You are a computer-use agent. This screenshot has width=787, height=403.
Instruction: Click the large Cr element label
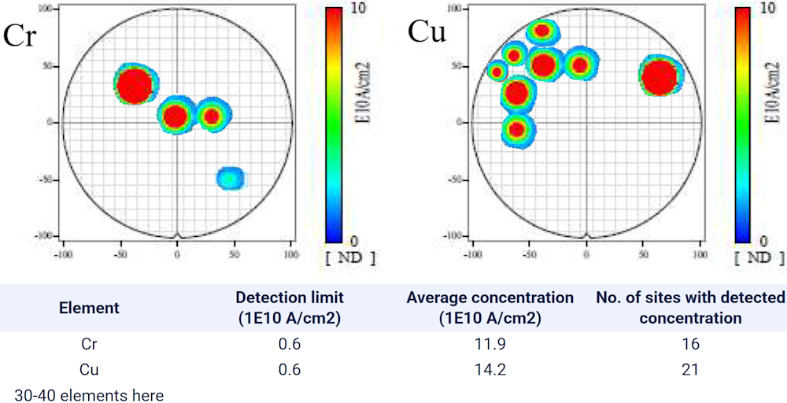(20, 36)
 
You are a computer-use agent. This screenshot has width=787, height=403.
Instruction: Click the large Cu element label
(427, 32)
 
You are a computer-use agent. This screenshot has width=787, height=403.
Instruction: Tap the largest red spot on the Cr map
(135, 85)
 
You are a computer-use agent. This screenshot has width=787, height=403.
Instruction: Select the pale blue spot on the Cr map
(230, 178)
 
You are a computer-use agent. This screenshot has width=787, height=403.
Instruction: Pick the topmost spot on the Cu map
(541, 31)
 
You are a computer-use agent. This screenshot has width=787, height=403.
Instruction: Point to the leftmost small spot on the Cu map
(497, 72)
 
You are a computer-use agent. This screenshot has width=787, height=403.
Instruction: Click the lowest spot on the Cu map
(517, 129)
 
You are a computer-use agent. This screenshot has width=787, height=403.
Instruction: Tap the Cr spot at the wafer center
(176, 116)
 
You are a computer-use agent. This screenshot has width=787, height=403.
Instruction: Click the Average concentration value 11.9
(490, 344)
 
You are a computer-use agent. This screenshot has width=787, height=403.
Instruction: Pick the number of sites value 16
(691, 344)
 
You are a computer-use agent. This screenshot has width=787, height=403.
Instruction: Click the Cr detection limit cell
(290, 344)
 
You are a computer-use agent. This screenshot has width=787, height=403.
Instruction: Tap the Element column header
(89, 308)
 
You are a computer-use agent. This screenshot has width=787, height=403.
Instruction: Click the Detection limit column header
(290, 308)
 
